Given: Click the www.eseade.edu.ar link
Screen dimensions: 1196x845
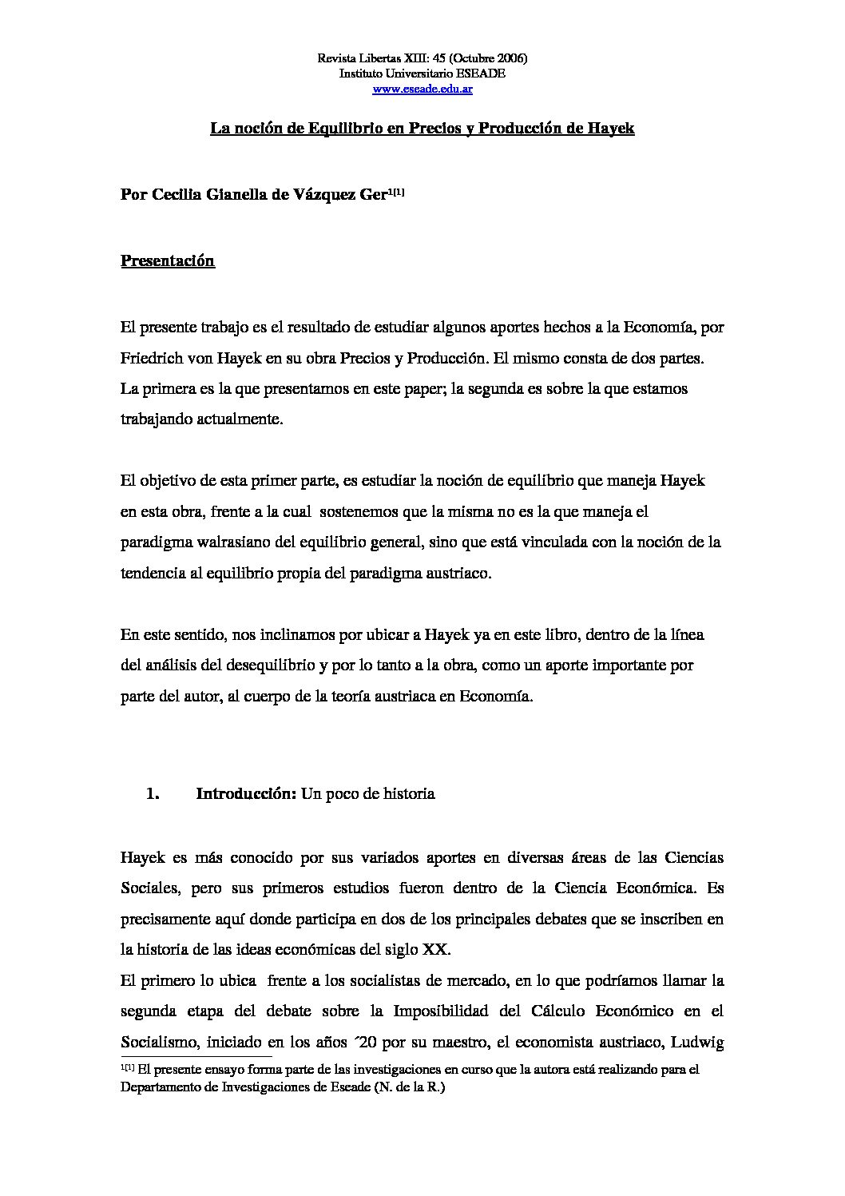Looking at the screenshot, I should click(422, 89).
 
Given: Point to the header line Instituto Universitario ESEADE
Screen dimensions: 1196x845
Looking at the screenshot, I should click(422, 74).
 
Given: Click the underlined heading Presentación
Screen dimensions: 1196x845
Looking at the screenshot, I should click(168, 260).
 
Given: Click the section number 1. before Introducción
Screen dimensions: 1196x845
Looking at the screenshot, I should click(153, 794).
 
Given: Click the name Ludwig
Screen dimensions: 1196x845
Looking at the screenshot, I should click(697, 1042).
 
